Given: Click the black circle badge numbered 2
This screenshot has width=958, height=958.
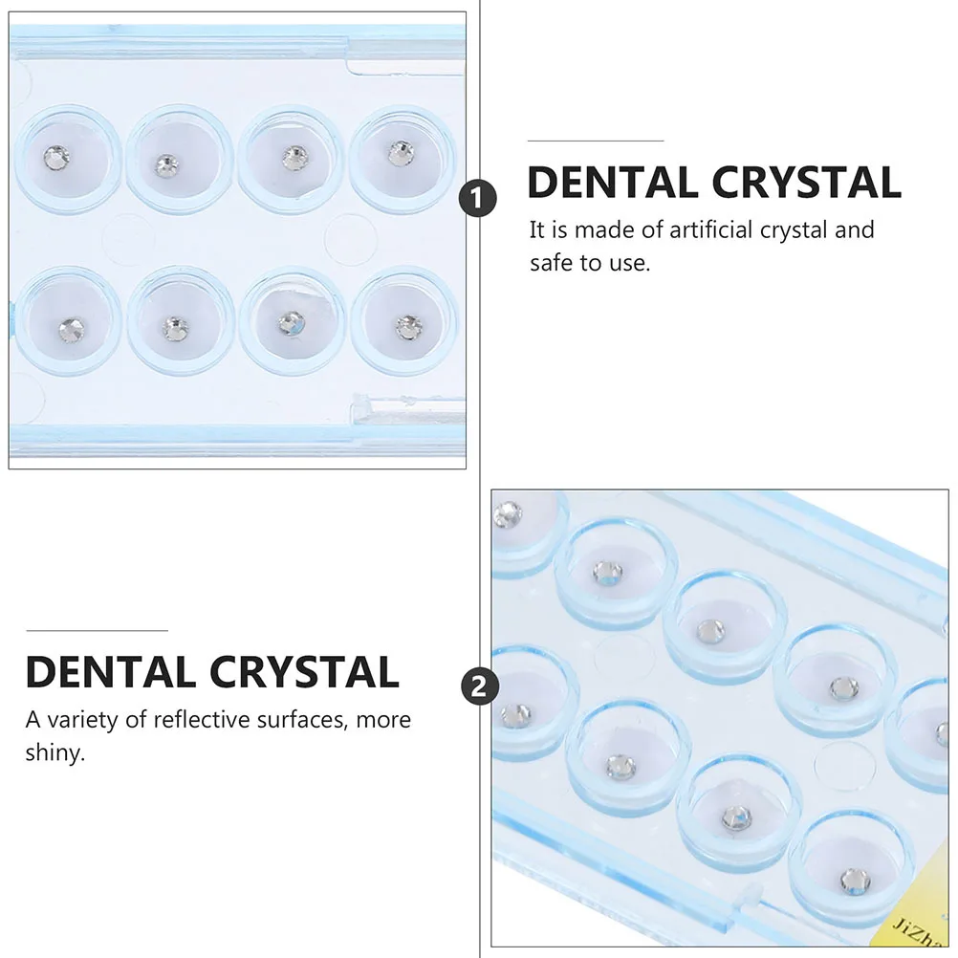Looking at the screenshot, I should point(478,686).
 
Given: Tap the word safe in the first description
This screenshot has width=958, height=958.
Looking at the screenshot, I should point(552,263).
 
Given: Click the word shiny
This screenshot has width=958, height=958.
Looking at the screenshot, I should point(54,752).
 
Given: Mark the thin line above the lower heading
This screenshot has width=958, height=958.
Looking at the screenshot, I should point(97,630).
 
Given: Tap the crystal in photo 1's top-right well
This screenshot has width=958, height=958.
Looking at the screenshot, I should point(400,151).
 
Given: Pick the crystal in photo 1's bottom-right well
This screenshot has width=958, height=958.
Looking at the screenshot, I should point(408,327).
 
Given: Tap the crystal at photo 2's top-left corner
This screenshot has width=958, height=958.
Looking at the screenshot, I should point(509,514).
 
